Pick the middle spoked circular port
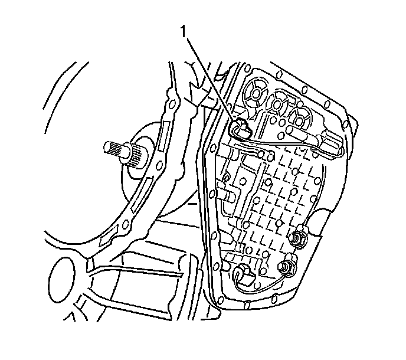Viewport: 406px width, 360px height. (x=277, y=106)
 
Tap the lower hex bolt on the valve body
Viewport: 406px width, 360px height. (x=289, y=269)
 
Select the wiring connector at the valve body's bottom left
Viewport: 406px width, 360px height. (x=240, y=273)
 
